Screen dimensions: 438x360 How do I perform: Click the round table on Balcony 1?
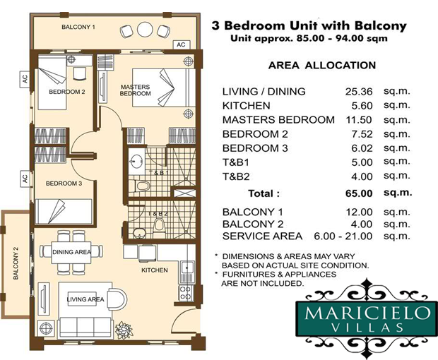pyautogui.click(x=145, y=30)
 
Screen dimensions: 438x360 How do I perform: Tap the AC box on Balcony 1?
pyautogui.click(x=182, y=44)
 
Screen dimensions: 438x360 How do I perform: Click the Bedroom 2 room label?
pyautogui.click(x=67, y=92)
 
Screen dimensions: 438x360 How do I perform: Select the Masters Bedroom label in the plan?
pyautogui.click(x=136, y=90)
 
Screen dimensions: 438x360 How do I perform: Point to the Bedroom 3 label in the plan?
pyautogui.click(x=64, y=184)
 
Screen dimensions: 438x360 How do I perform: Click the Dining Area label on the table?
pyautogui.click(x=72, y=252)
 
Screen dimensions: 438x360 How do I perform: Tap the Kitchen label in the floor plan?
pyautogui.click(x=155, y=270)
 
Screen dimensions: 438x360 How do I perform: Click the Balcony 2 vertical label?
pyautogui.click(x=16, y=263)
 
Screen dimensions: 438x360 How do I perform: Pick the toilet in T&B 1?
pyautogui.click(x=141, y=186)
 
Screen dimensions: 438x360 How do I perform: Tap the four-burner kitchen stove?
pyautogui.click(x=186, y=292)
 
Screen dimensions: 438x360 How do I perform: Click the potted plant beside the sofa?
pyautogui.click(x=123, y=330)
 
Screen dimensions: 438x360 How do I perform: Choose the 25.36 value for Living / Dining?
pyautogui.click(x=359, y=92)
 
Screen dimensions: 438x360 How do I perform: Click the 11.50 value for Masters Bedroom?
pyautogui.click(x=359, y=120)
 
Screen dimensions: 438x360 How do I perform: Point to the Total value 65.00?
pyautogui.click(x=359, y=193)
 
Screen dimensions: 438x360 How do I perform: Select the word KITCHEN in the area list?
pyautogui.click(x=246, y=106)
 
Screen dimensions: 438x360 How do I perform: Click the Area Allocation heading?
pyautogui.click(x=322, y=66)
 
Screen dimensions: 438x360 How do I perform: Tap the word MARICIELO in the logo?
pyautogui.click(x=367, y=313)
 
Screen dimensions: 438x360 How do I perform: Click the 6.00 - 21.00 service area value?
pyautogui.click(x=343, y=236)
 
